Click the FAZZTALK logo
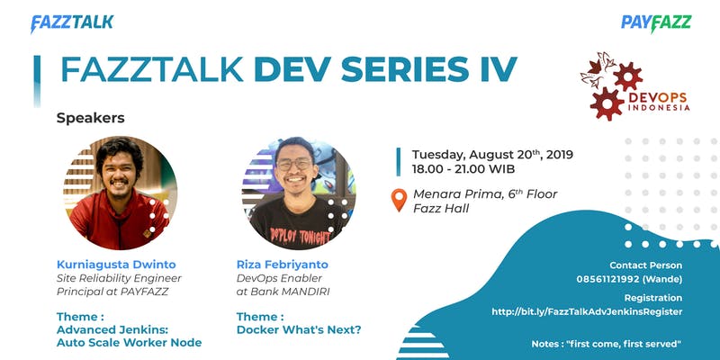(72, 23)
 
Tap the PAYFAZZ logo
(656, 23)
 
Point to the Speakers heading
(91, 118)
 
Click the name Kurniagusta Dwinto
(116, 265)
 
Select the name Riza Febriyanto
(283, 265)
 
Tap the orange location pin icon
(399, 200)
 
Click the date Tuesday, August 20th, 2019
(492, 154)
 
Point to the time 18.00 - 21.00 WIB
(463, 169)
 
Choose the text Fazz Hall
(441, 209)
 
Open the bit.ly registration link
(587, 311)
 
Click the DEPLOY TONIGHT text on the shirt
(300, 235)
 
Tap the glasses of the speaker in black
(294, 165)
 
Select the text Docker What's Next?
(299, 329)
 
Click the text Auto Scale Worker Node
(129, 343)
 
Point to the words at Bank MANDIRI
(283, 292)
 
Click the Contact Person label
(645, 265)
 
